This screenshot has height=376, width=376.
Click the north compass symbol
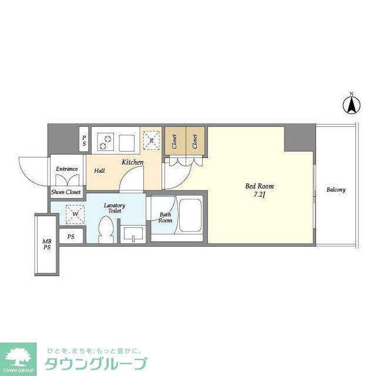(x=351, y=105)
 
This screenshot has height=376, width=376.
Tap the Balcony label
(x=336, y=190)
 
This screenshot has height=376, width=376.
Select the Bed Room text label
(x=259, y=186)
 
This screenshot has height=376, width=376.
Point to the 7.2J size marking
(x=259, y=194)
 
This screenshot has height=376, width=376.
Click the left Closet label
(x=174, y=141)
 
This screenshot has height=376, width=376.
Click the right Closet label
(x=194, y=141)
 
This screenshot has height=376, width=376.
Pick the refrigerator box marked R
(x=152, y=140)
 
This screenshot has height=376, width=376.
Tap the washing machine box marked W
(x=75, y=214)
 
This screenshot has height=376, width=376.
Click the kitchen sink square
(x=127, y=143)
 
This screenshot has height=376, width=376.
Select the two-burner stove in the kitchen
(x=106, y=142)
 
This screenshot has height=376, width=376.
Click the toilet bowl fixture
(x=106, y=230)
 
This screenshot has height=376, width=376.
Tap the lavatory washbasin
(x=133, y=234)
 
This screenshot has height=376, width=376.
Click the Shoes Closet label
(x=66, y=192)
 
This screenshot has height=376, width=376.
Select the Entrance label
(x=66, y=169)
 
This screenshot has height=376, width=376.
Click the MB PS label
(x=47, y=244)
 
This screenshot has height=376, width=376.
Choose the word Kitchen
(x=133, y=162)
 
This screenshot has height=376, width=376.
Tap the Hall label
(x=99, y=171)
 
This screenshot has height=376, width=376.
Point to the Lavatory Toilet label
(x=115, y=208)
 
